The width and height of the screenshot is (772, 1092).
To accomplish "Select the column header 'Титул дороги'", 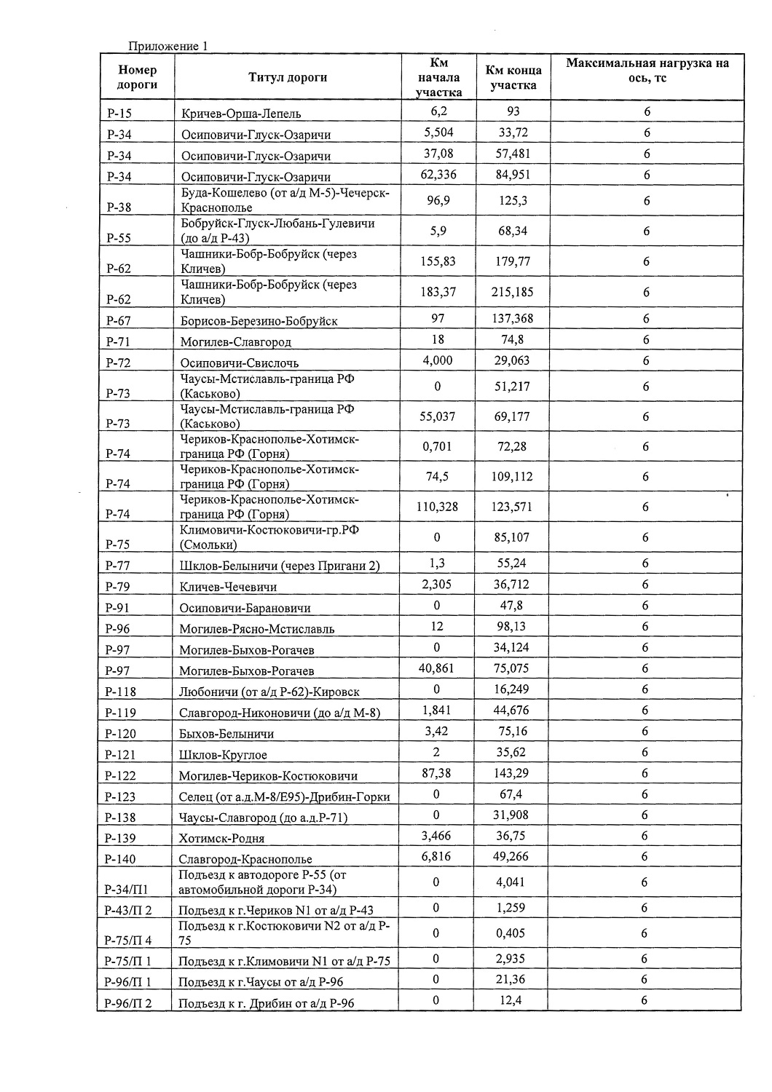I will [x=288, y=77].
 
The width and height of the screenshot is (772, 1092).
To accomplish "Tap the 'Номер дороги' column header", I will [x=137, y=77].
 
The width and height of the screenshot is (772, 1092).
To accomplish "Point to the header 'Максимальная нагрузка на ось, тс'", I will [x=647, y=70].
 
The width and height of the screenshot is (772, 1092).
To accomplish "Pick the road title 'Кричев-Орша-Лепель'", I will [x=241, y=113].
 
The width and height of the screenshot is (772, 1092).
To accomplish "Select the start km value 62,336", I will [x=438, y=175].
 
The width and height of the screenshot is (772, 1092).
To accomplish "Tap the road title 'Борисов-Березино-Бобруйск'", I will [x=259, y=320].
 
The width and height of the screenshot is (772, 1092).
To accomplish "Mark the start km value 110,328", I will [x=437, y=507].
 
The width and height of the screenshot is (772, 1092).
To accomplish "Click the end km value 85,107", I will [x=513, y=537].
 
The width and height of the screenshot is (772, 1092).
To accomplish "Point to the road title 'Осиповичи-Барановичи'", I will [x=245, y=608].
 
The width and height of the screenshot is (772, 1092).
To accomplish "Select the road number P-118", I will [x=121, y=692].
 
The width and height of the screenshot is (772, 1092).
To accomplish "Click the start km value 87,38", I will [x=437, y=773].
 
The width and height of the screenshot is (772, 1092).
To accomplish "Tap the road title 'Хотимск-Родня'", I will [x=222, y=838].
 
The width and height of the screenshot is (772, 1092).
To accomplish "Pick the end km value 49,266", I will [x=511, y=857].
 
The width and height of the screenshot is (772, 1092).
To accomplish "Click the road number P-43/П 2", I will [x=129, y=909].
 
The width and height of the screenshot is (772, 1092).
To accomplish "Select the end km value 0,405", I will [x=511, y=933].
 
